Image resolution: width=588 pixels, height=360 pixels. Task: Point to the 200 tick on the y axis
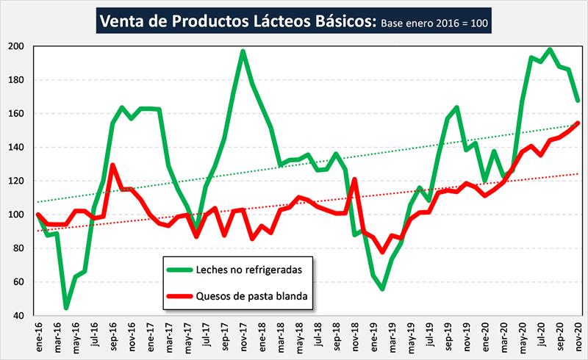click(x=18, y=46)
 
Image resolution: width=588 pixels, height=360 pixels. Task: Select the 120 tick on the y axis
click(x=18, y=181)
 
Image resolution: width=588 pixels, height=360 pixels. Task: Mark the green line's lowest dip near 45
click(x=66, y=307)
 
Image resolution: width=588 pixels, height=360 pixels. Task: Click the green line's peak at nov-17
click(x=243, y=51)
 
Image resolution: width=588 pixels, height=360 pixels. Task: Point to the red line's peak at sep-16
click(x=112, y=165)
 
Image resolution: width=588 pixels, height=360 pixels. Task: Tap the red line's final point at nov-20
click(x=578, y=123)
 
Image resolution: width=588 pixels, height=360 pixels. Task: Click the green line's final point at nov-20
click(x=578, y=101)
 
